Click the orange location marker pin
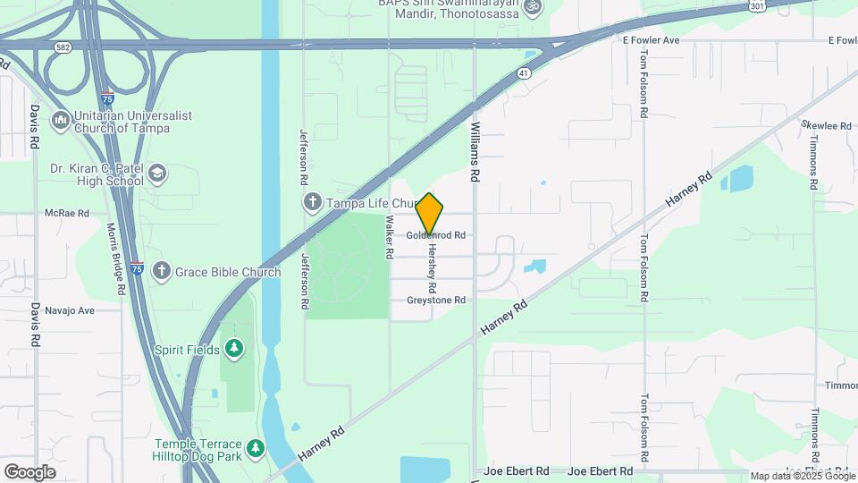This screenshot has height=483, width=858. [x=430, y=214]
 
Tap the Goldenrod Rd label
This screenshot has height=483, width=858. [x=437, y=236]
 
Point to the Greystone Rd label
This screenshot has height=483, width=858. [x=436, y=301]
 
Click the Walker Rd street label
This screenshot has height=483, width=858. [x=391, y=237]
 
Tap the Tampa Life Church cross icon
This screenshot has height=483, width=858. [x=314, y=202]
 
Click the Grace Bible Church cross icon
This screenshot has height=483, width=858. [x=162, y=271]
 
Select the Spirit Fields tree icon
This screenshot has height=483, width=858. [x=234, y=349]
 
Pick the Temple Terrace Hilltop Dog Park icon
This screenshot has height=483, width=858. [x=256, y=447]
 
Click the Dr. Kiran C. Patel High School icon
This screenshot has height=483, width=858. [x=157, y=173]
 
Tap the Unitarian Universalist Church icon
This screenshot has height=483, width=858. [x=61, y=119]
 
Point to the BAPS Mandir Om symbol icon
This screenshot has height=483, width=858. [x=533, y=7]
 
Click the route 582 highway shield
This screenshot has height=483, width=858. [x=62, y=47]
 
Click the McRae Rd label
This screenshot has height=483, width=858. [x=67, y=214]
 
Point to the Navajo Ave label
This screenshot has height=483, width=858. [x=72, y=311]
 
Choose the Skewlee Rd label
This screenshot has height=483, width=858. [x=826, y=126]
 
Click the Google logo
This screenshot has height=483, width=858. [x=29, y=472]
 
